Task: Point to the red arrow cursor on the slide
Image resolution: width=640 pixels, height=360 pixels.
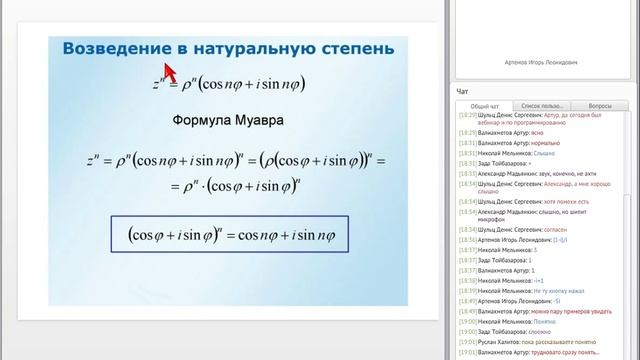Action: (169, 72)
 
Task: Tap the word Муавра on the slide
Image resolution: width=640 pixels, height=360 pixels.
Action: (258, 120)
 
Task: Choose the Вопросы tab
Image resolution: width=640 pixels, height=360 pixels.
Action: (600, 105)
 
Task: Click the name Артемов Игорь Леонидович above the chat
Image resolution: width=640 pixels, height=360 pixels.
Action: (545, 62)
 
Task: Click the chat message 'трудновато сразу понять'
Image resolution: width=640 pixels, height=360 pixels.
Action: (585, 351)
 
